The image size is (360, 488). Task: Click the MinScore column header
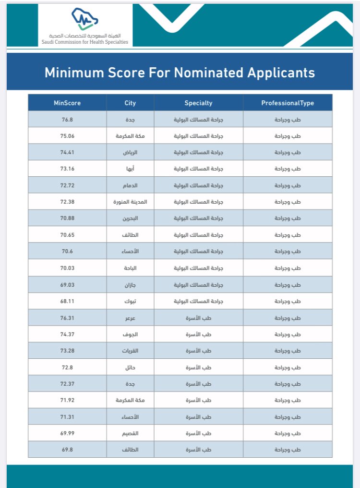point(67,103)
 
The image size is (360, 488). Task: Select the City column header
point(130,103)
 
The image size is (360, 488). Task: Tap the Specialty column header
point(198,103)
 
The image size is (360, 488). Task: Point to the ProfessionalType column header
point(288,103)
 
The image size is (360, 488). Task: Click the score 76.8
point(67,119)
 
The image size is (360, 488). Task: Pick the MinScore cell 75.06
point(67,136)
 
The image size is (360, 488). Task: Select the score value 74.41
point(67,152)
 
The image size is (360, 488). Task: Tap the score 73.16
point(67,169)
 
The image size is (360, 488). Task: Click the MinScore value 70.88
point(67,218)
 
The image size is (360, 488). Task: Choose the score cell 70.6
point(67,251)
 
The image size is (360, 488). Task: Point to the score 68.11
point(67,301)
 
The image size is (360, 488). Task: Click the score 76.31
point(67,317)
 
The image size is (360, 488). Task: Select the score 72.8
point(67,367)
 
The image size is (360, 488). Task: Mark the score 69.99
point(67,433)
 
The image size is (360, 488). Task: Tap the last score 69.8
point(67,450)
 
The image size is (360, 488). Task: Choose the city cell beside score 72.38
point(130,202)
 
